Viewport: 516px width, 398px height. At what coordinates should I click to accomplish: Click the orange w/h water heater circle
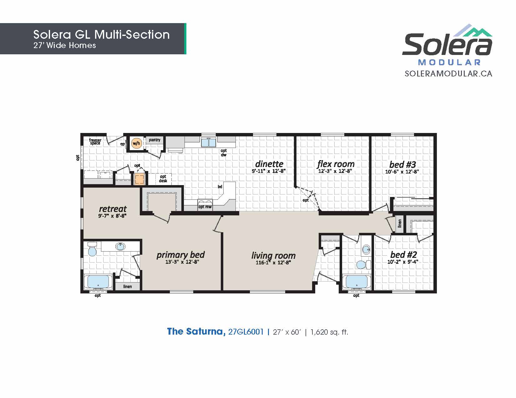[x=136, y=143]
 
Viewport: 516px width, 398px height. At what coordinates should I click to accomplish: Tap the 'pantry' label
[x=154, y=140]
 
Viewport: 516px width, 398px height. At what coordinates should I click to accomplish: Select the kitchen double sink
[x=208, y=142]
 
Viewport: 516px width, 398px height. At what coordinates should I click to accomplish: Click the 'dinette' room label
[x=269, y=164]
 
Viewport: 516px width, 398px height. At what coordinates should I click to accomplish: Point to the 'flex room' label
[x=336, y=164]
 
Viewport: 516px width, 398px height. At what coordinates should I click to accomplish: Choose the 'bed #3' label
[x=402, y=165]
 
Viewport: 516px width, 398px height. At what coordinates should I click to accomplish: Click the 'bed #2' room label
[x=404, y=255]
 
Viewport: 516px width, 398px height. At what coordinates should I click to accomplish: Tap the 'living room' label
[x=274, y=256]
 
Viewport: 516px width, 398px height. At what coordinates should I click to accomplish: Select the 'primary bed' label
[x=180, y=255]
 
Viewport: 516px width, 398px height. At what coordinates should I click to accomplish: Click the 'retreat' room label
[x=113, y=209]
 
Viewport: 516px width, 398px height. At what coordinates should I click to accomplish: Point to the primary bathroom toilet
[x=92, y=249]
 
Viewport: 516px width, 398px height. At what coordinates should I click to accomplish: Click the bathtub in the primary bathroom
[x=98, y=282]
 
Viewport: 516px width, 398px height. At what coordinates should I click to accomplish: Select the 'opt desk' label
[x=163, y=179]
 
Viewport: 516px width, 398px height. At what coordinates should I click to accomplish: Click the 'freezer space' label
[x=95, y=141]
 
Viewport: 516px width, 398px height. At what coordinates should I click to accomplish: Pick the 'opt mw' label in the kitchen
[x=205, y=207]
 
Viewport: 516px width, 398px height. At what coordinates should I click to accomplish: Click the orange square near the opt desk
[x=139, y=179]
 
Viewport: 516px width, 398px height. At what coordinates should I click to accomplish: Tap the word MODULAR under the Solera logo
[x=449, y=62]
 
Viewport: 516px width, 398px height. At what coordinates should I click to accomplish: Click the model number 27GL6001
[x=246, y=332]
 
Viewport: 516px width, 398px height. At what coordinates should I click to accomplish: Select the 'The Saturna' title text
[x=196, y=332]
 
